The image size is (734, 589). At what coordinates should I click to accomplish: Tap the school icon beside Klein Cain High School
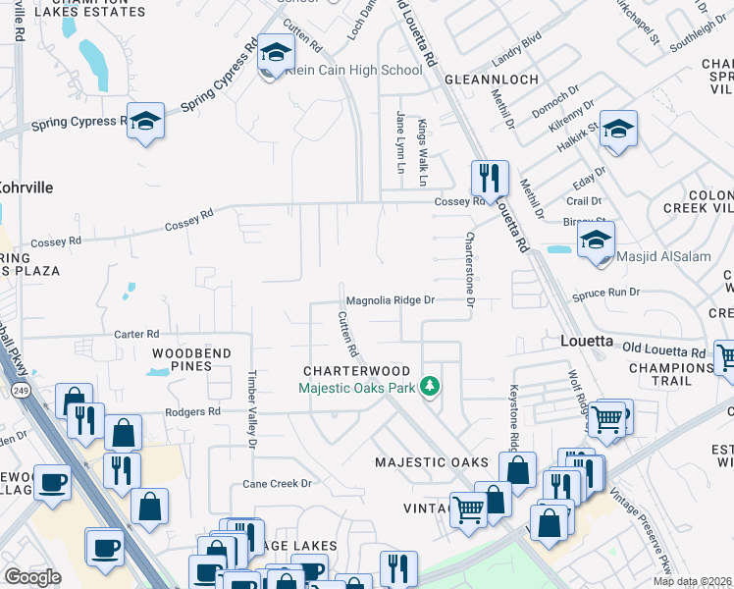coord(276,53)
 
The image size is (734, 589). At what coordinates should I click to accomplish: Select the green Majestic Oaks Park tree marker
coord(429,386)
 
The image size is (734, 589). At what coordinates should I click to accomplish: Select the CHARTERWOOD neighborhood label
coord(356,371)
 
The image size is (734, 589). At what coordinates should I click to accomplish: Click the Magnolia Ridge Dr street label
coord(390,300)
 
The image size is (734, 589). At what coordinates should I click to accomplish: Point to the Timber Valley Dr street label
coord(252,410)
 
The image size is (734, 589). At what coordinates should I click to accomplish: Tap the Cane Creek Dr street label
coord(277,484)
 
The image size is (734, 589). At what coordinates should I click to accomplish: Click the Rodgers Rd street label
coord(192,412)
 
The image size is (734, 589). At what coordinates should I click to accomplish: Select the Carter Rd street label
coord(135,335)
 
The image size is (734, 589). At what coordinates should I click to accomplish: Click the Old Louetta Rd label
coord(663,351)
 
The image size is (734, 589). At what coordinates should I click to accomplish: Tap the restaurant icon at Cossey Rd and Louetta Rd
coord(490,178)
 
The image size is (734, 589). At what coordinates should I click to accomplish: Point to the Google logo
coord(32,577)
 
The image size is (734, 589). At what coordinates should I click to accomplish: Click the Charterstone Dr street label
coord(470,269)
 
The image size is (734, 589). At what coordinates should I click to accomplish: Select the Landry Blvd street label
coord(517,43)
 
